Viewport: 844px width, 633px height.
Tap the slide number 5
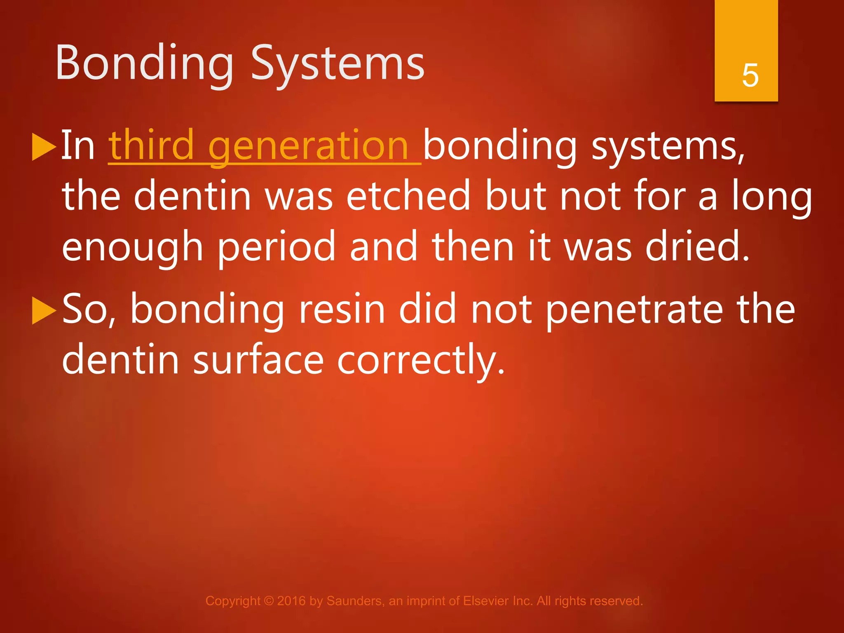point(750,75)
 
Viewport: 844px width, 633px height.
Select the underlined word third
point(151,145)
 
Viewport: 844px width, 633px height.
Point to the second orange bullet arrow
point(43,310)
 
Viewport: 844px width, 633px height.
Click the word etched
point(408,196)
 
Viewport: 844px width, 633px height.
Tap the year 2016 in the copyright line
point(291,601)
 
